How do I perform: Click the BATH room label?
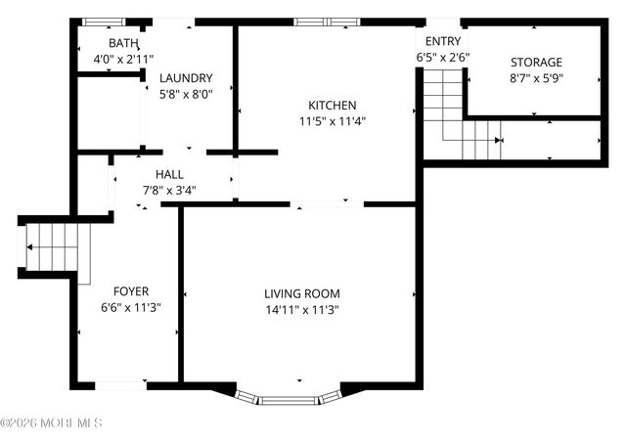coord(123,43)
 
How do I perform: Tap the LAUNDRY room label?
coord(186,78)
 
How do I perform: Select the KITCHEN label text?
coord(333,106)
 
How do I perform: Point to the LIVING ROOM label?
coord(301,293)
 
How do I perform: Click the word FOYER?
coord(131,290)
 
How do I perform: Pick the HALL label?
coord(170,174)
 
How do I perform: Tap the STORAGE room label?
coord(536,62)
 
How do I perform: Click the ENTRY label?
coord(442,41)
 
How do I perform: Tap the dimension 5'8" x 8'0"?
coord(186,94)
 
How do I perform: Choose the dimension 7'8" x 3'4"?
coord(170,190)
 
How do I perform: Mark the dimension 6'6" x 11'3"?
coord(131,306)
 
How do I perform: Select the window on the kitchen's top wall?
coord(328,21)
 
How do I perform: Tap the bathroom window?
coord(103,22)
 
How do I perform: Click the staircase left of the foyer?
coord(55,247)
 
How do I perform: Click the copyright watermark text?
coord(51,423)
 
